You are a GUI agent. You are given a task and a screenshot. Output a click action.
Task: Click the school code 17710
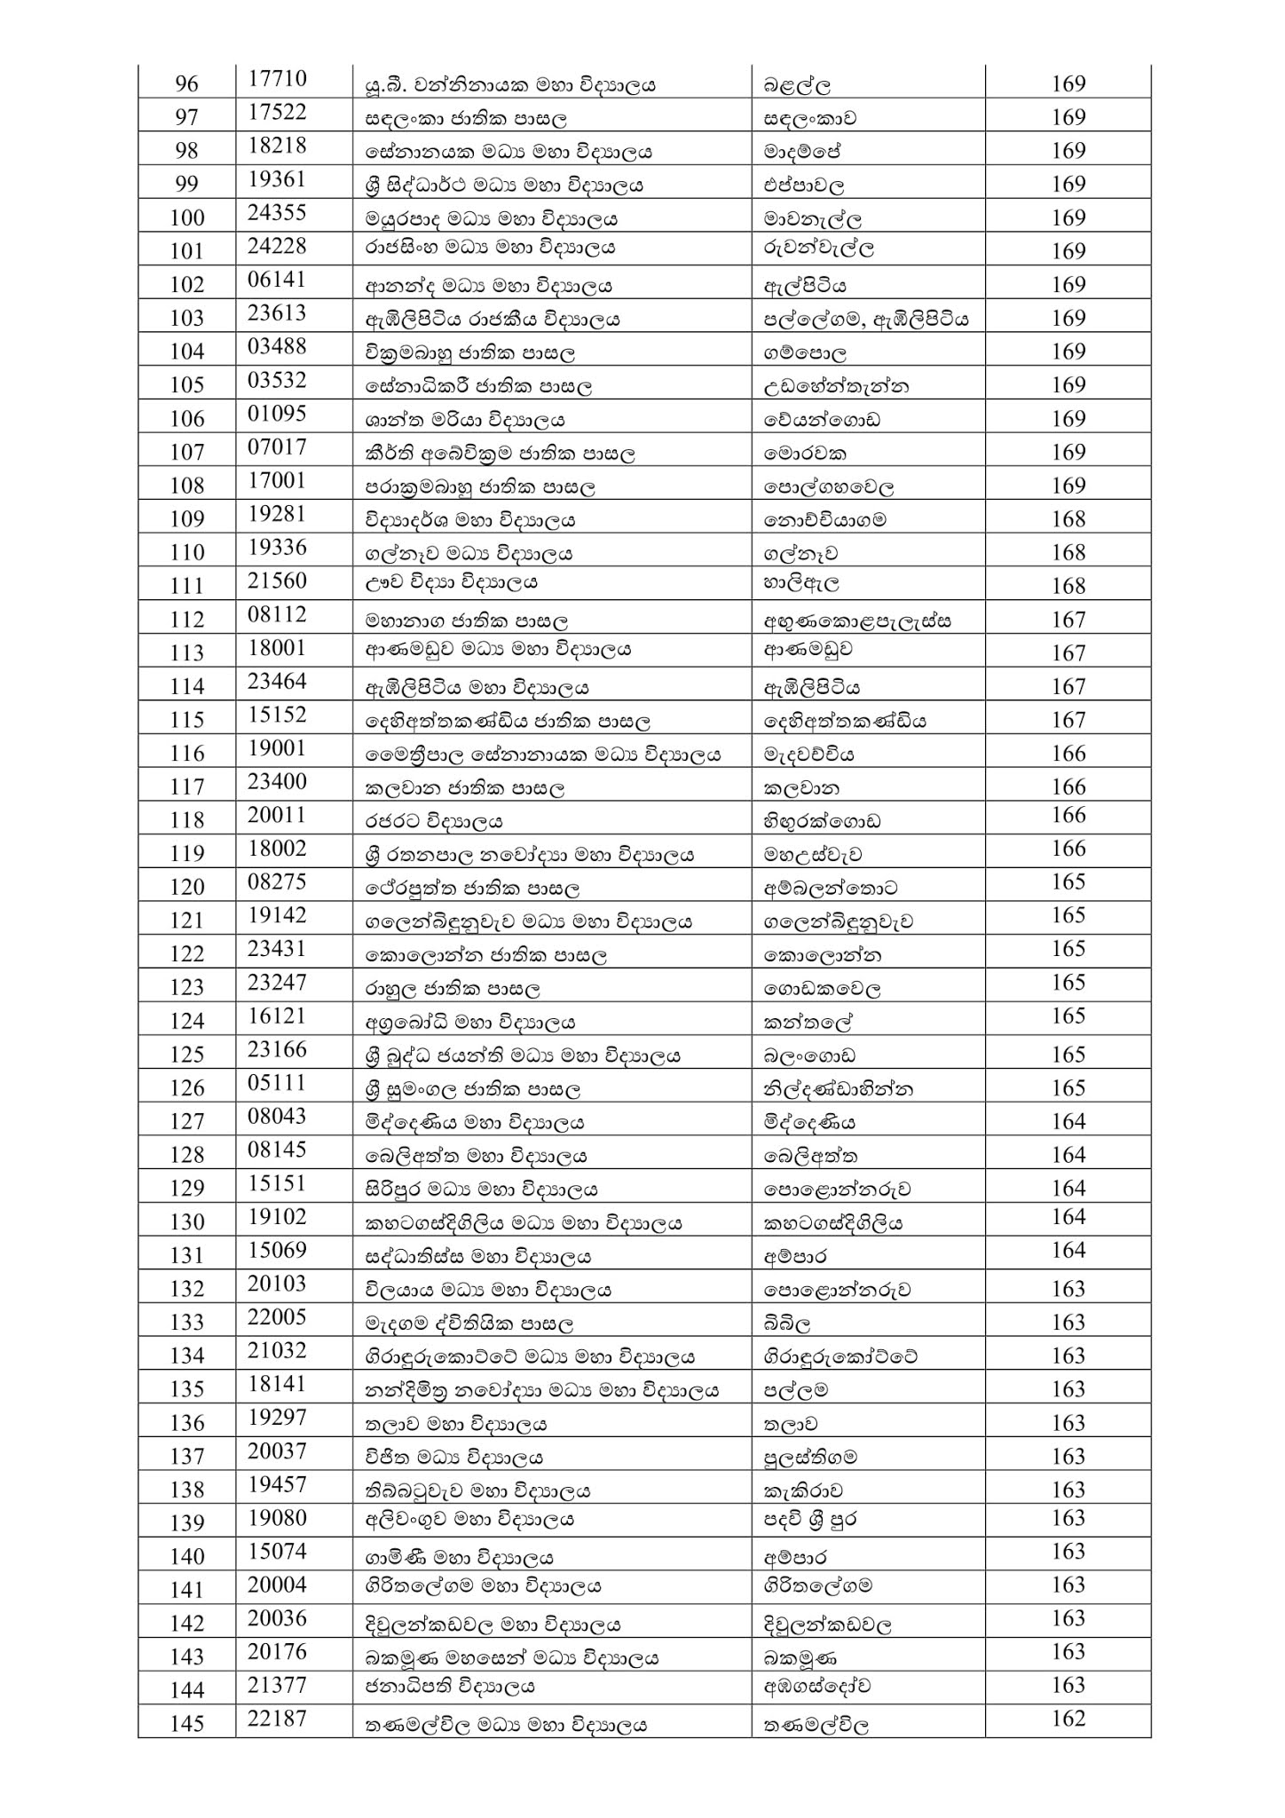[277, 79]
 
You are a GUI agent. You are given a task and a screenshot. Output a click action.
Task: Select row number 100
[186, 218]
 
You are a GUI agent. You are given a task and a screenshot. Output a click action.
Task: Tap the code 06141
[277, 280]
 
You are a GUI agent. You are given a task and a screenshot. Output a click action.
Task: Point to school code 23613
[277, 313]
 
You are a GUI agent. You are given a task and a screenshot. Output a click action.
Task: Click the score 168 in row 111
[1068, 586]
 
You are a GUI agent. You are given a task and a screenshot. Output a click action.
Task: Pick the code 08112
[277, 614]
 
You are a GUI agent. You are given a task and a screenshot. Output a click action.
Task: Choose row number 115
[186, 720]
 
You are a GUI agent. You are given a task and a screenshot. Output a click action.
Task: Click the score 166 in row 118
[1068, 815]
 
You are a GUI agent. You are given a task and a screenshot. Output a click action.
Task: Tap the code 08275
[277, 881]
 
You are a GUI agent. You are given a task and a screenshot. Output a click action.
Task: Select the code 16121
[277, 1016]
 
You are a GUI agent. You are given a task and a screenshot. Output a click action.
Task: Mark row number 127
[186, 1122]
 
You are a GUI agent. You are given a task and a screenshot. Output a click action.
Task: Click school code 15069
[277, 1250]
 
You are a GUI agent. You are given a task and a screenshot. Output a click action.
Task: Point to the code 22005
[277, 1316]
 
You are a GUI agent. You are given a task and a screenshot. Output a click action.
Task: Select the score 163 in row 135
[1068, 1388]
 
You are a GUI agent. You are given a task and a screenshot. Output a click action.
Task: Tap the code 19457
[277, 1484]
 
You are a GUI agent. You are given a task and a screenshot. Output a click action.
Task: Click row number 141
[186, 1590]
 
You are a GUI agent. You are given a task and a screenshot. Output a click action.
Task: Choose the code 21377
[277, 1685]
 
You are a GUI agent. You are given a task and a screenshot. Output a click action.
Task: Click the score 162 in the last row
[1068, 1719]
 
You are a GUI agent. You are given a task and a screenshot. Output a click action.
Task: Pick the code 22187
[277, 1719]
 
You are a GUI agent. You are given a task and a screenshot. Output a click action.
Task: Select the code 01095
[277, 414]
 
